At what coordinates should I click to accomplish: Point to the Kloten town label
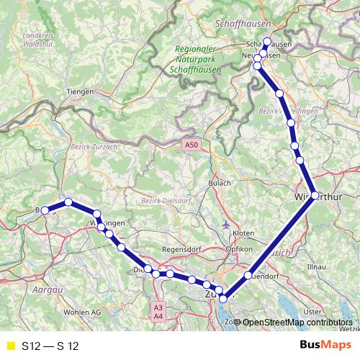click(x=243, y=233)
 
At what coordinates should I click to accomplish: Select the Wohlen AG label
click(x=82, y=312)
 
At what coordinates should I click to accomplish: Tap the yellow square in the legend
click(x=10, y=346)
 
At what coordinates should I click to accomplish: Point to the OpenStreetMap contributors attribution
click(x=296, y=322)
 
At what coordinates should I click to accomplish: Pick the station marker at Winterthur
click(x=315, y=195)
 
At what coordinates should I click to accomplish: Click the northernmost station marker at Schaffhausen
click(x=267, y=42)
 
